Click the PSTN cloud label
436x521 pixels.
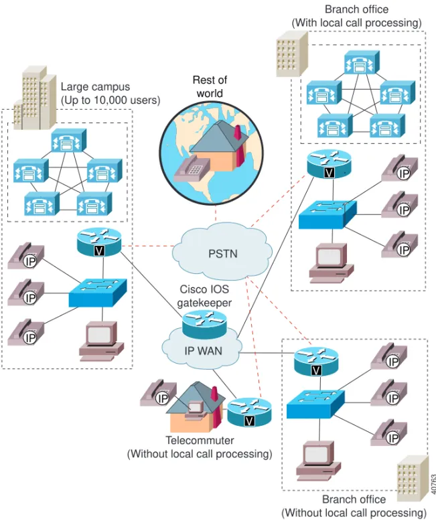click(x=222, y=254)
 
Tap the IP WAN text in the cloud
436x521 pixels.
click(x=204, y=351)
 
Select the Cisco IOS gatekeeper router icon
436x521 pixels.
click(x=204, y=324)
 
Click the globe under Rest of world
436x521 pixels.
click(x=212, y=153)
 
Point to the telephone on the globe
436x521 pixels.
click(x=192, y=169)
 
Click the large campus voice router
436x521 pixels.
click(x=99, y=242)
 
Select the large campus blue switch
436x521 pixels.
click(x=98, y=293)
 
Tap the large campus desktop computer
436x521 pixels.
click(x=101, y=342)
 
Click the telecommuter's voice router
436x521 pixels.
click(x=249, y=413)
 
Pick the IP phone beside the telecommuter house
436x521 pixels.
click(x=158, y=393)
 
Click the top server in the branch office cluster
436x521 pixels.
click(x=362, y=62)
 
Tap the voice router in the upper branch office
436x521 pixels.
click(x=329, y=164)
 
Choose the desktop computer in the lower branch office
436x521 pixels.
click(x=318, y=461)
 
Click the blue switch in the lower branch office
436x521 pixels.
click(x=315, y=404)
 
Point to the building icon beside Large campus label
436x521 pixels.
click(x=35, y=98)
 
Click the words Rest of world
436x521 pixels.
click(x=210, y=86)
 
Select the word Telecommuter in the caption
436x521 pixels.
click(x=200, y=440)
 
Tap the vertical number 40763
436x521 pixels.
click(x=433, y=484)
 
